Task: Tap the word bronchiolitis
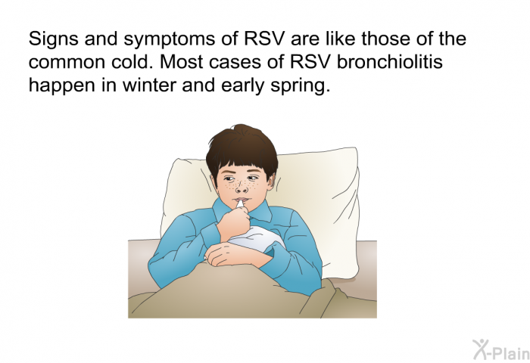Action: pyautogui.click(x=390, y=62)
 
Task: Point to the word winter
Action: pyautogui.click(x=149, y=85)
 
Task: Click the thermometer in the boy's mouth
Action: pyautogui.click(x=239, y=204)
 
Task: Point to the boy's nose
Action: pyautogui.click(x=240, y=188)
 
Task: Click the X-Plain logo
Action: pyautogui.click(x=501, y=349)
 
